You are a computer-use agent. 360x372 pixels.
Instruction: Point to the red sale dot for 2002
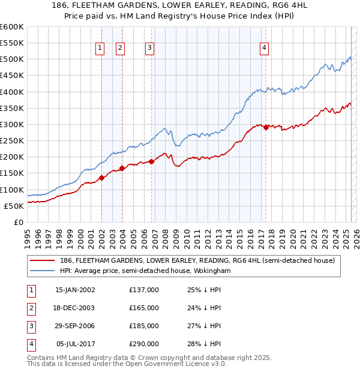tap(102, 177)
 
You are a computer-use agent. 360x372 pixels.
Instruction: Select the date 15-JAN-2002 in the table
tap(75, 290)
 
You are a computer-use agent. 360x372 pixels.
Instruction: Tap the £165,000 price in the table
tap(144, 308)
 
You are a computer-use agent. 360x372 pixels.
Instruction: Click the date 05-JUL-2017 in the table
tap(75, 344)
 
